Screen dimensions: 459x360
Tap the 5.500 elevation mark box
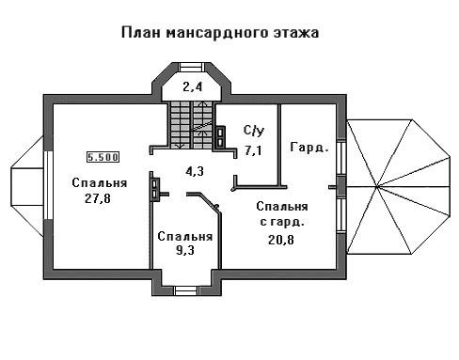pos(103,157)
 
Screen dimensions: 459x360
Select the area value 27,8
pos(98,198)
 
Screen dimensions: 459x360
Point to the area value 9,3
pos(185,250)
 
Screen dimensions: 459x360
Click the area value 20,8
pos(281,240)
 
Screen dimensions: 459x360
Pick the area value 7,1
pos(253,150)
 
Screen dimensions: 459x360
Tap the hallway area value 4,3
pos(195,171)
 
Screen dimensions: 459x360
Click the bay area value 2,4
pos(193,86)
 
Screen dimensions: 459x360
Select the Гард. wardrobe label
pos(309,148)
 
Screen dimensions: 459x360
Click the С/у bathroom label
pos(254,131)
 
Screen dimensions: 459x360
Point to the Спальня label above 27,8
pos(100,183)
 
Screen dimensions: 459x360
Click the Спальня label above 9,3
pos(185,237)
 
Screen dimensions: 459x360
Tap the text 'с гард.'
pos(282,222)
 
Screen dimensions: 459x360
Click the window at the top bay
pos(192,67)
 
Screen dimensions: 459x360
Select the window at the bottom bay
pos(187,290)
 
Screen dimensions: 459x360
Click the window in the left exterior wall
pos(48,185)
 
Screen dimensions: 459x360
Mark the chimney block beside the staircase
pos(220,136)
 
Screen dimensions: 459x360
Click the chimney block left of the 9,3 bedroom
pos(154,189)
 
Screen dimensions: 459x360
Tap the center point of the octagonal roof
pos(377,187)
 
